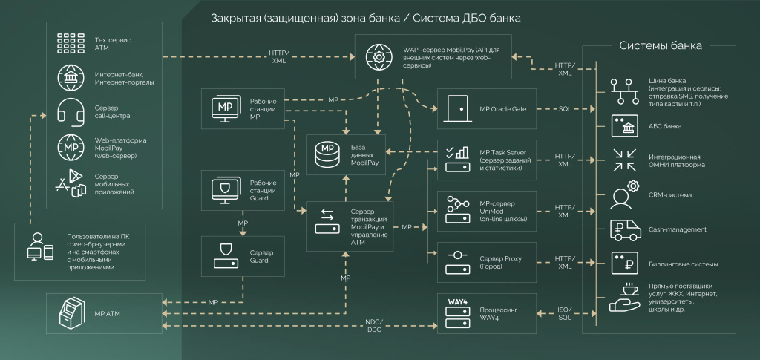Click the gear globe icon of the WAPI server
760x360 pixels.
click(x=379, y=56)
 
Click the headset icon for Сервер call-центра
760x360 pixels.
click(x=71, y=110)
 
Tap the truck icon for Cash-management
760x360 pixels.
click(x=625, y=229)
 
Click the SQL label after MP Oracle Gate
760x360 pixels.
click(x=565, y=109)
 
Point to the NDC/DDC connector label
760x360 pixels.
click(x=373, y=326)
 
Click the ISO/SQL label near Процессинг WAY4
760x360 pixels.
click(x=565, y=313)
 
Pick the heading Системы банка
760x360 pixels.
click(x=661, y=46)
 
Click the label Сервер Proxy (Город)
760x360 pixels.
click(x=502, y=262)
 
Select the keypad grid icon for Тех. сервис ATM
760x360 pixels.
click(x=71, y=41)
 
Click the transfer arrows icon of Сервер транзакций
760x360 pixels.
click(x=327, y=220)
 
